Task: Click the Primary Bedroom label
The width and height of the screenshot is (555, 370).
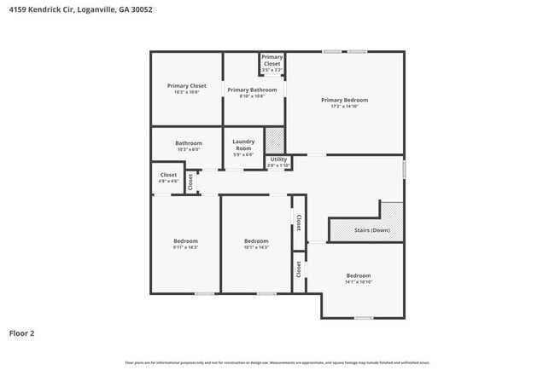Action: (344, 100)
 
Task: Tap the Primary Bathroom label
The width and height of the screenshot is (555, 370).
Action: (252, 90)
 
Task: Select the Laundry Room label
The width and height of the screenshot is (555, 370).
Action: (243, 145)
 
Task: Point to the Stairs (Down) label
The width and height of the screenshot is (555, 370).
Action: (372, 230)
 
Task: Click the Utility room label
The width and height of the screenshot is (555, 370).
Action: (278, 159)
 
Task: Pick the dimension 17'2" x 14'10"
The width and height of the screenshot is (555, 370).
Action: (344, 107)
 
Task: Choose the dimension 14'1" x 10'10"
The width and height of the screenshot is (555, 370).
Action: (359, 282)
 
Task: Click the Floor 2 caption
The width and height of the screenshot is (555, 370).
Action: (21, 333)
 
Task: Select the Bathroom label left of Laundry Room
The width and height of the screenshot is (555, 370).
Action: (189, 143)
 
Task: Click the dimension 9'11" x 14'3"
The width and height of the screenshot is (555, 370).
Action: (185, 247)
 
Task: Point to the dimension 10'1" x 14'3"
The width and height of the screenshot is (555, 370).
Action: (256, 247)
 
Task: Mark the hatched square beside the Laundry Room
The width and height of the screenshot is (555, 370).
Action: (274, 139)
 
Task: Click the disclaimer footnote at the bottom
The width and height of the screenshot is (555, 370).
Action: (277, 362)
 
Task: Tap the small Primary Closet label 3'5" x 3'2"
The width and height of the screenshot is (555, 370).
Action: (272, 61)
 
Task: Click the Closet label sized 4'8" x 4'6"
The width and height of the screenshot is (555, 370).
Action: (168, 177)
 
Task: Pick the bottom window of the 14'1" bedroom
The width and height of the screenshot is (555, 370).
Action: (364, 318)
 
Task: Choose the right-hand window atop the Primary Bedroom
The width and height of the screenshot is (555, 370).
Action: (357, 52)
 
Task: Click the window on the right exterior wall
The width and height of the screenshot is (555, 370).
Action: (404, 169)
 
